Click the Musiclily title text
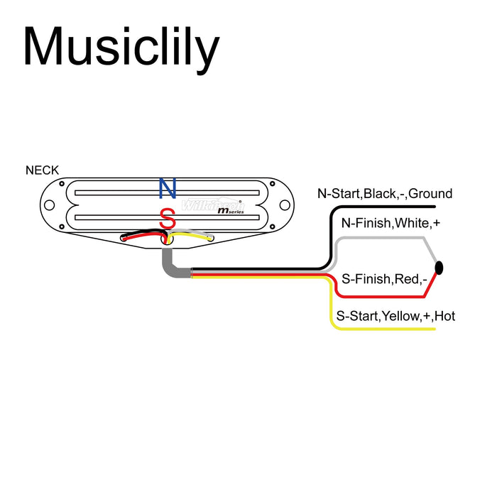tap(121, 48)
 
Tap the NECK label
tap(43, 170)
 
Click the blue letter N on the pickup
tap(168, 188)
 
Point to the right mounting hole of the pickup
tap(284, 206)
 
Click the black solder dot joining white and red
tap(439, 268)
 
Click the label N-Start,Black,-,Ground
tap(385, 194)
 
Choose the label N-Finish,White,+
tap(390, 224)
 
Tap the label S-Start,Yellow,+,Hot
tap(395, 316)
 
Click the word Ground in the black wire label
tap(430, 194)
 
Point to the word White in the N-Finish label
tap(412, 224)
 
